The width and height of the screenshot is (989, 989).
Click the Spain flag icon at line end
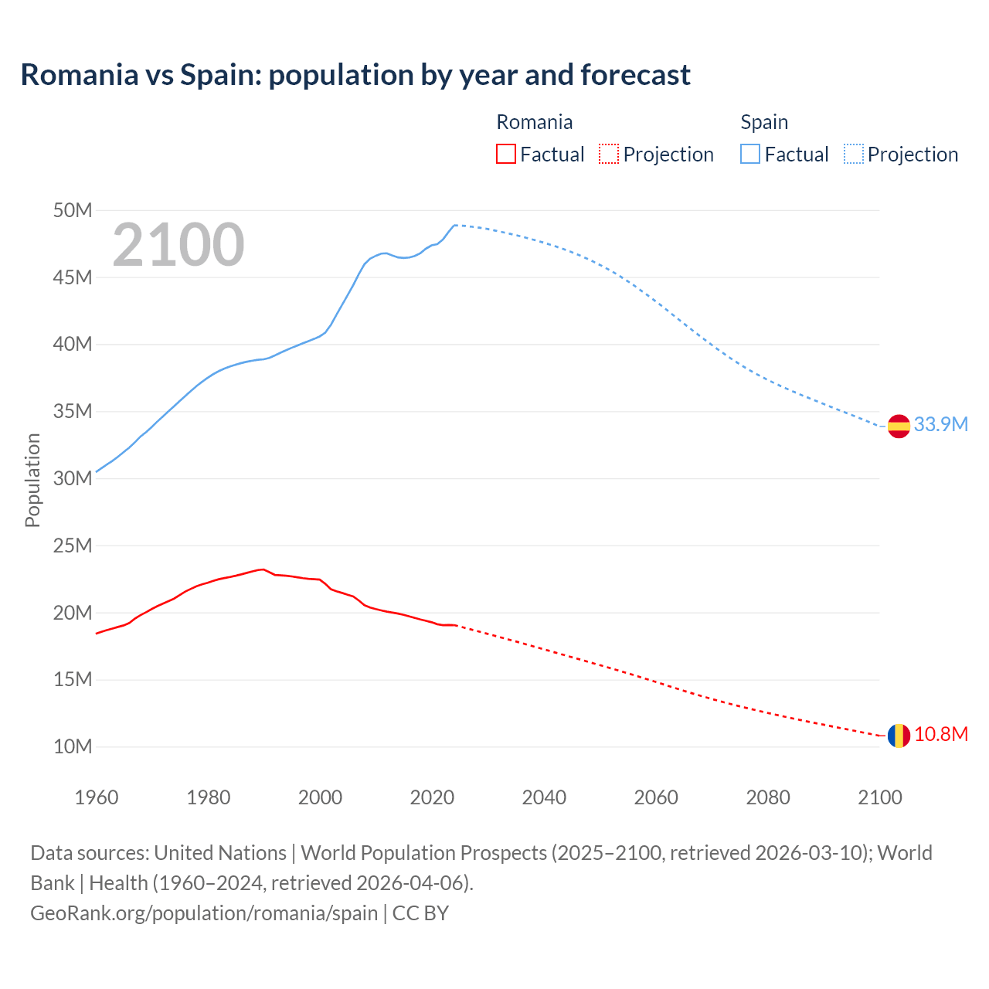(x=899, y=426)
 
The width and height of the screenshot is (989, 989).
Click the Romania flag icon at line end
(x=899, y=736)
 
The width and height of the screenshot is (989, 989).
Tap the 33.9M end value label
(x=940, y=424)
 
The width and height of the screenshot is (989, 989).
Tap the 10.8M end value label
(x=940, y=734)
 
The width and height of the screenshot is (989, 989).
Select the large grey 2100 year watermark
(x=178, y=245)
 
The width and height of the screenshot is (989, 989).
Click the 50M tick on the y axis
(x=74, y=210)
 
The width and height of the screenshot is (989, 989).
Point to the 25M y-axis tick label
(x=74, y=545)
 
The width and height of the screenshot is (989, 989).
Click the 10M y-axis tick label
(x=74, y=746)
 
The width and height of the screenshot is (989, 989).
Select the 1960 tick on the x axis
(x=97, y=797)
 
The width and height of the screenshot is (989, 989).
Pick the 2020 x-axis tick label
(x=432, y=797)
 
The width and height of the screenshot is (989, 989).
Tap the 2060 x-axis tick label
(x=656, y=797)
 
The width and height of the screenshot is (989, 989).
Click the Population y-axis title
(x=32, y=480)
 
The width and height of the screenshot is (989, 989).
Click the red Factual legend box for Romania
(x=505, y=154)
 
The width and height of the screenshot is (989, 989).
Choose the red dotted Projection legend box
(x=609, y=154)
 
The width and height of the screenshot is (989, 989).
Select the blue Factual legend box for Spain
(x=750, y=154)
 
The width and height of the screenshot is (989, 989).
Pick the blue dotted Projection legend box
(x=854, y=154)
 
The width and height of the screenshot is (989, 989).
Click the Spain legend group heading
(x=764, y=122)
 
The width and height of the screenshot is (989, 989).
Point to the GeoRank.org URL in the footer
(x=204, y=913)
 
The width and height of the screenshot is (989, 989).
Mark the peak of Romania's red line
(x=263, y=569)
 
